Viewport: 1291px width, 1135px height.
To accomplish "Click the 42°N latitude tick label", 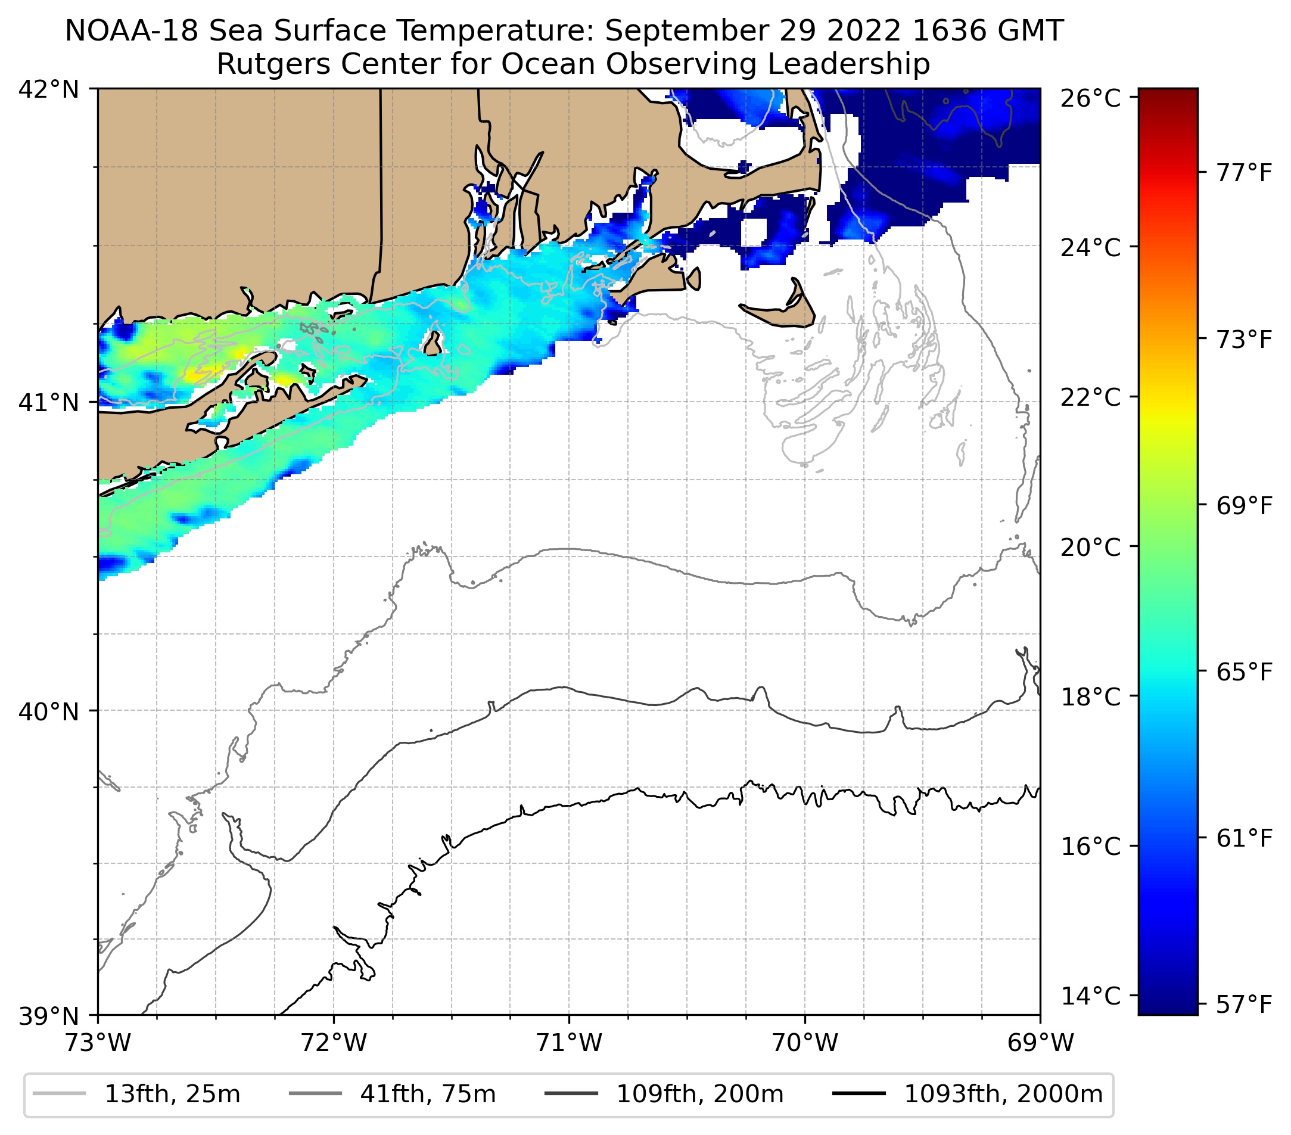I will click(49, 90).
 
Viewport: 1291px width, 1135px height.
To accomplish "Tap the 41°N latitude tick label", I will click(49, 402).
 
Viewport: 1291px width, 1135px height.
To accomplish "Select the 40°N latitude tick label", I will click(49, 711).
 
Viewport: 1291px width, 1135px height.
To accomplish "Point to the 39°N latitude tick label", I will click(49, 1016).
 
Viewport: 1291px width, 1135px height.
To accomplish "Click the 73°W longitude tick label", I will click(98, 1043).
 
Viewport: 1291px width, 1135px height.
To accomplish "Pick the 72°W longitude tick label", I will click(334, 1043).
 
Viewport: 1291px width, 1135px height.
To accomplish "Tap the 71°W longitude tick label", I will click(569, 1043).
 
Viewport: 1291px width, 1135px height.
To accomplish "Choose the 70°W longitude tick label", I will click(805, 1043).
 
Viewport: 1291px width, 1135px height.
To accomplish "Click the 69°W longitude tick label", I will click(1040, 1043).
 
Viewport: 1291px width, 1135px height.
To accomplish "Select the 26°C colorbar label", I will click(1091, 98).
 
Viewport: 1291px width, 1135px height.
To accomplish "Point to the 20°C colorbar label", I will click(1091, 547).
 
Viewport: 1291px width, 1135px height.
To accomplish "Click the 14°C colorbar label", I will click(1091, 996).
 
